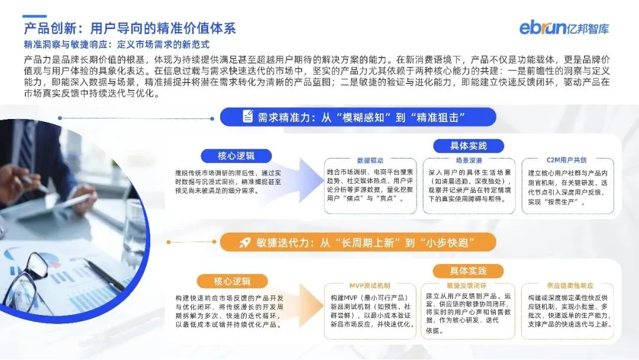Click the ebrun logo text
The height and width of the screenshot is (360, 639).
[540, 27]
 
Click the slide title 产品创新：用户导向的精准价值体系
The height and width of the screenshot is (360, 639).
[130, 28]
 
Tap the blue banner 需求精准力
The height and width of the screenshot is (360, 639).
[358, 117]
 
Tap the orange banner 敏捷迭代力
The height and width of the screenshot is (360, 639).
[358, 242]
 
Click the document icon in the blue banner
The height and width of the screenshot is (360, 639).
[248, 117]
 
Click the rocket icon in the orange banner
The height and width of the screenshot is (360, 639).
[244, 242]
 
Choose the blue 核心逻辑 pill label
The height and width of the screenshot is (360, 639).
[236, 156]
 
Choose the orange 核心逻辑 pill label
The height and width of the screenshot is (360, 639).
[224, 281]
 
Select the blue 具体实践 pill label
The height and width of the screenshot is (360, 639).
[469, 146]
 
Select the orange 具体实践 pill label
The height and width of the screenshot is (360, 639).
[469, 271]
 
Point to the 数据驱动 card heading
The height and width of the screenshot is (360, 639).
[370, 160]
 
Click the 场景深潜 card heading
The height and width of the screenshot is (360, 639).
[469, 160]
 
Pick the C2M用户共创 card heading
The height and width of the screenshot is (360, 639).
[566, 160]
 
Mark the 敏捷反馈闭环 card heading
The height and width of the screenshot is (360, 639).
[469, 285]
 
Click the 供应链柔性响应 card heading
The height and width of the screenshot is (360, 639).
[566, 285]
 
